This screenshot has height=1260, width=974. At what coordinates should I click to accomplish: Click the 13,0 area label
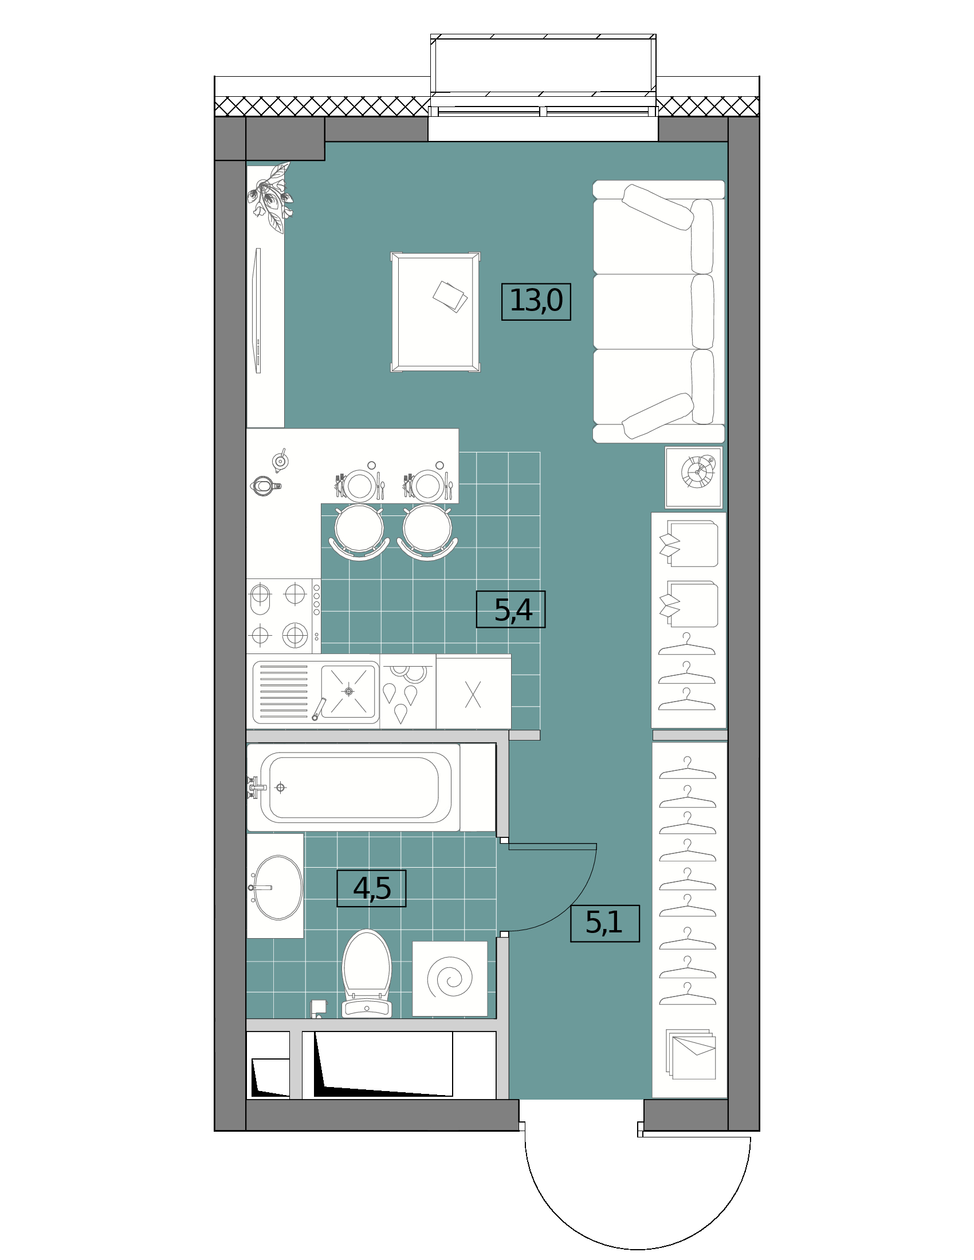[536, 301]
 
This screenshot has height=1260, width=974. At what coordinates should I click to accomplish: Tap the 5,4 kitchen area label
[510, 609]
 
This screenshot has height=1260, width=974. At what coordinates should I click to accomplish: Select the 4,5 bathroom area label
[371, 888]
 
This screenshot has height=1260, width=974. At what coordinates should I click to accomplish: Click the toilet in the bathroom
[367, 973]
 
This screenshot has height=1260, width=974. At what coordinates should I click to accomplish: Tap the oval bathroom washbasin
[278, 887]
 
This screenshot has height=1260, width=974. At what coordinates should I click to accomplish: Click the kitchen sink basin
[348, 691]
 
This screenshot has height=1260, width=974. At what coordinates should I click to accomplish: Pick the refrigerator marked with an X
[473, 692]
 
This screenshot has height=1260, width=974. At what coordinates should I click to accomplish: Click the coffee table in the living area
[435, 312]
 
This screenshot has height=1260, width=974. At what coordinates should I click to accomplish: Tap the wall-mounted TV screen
[258, 310]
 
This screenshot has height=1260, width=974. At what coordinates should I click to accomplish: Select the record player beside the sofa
[694, 477]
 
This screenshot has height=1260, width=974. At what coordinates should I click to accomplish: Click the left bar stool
[359, 532]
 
